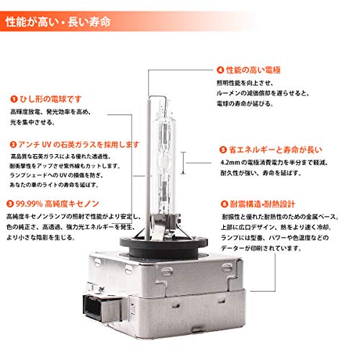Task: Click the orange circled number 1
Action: [x=14, y=99]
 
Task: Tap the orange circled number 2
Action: [x=14, y=145]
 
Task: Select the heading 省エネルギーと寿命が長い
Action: [x=270, y=150]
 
